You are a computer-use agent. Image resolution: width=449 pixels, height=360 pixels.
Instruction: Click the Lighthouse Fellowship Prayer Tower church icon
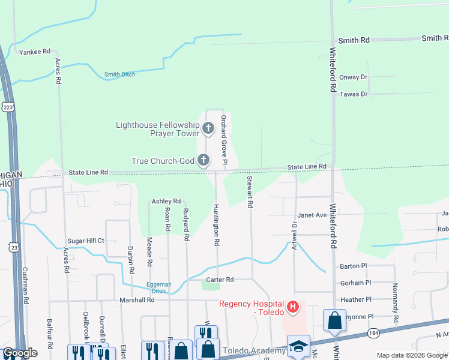coord(208,128)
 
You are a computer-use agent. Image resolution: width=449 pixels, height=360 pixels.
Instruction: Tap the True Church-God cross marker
coord(204,160)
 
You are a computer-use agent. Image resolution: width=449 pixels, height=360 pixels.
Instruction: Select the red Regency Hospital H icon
coord(293,308)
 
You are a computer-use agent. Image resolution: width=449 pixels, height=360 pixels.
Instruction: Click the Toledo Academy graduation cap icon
coord(298,347)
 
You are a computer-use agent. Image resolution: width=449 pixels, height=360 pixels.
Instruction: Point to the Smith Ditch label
coord(119,74)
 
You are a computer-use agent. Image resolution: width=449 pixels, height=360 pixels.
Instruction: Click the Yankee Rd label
coord(34,52)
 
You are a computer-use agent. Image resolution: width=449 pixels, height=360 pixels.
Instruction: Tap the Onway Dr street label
coord(353,77)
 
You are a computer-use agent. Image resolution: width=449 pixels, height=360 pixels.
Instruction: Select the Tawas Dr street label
coord(353,94)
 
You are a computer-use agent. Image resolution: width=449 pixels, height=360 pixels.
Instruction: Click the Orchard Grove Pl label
coord(223,140)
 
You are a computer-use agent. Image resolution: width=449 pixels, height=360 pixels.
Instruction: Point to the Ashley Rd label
coord(166,201)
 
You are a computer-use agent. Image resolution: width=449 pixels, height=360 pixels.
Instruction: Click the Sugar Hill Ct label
coord(86,241)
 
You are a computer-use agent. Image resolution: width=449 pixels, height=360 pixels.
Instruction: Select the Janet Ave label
coord(312,215)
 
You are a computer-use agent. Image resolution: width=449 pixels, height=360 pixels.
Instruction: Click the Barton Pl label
coord(353,266)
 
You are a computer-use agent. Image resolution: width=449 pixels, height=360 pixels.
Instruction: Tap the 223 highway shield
coord(8,107)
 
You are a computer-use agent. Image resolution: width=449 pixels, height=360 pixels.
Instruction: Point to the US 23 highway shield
coord(13,247)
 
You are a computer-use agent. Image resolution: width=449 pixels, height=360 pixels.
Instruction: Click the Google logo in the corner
coord(20,353)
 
